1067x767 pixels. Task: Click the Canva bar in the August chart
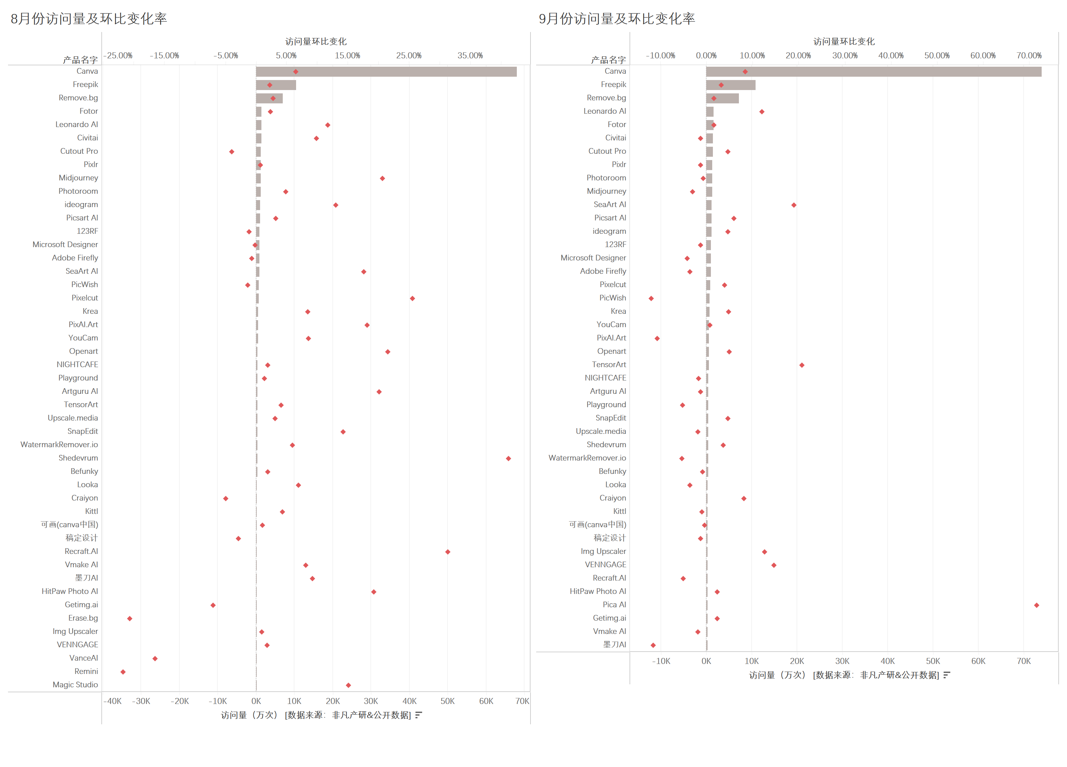(386, 71)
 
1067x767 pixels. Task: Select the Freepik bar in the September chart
(730, 85)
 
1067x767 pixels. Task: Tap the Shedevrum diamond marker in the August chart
(508, 458)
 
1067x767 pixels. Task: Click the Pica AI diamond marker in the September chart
(1036, 605)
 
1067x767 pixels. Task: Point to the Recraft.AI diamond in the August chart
(447, 552)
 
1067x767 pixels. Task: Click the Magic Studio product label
(75, 685)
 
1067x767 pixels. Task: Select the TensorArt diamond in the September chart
(802, 365)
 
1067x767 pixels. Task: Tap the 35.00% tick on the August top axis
(470, 56)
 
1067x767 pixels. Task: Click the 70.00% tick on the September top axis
(1029, 56)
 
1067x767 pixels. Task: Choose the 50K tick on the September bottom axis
(933, 661)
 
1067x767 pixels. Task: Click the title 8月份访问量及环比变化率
(89, 19)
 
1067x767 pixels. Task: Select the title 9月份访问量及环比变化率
(617, 19)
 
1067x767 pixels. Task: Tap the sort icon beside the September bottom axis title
(947, 675)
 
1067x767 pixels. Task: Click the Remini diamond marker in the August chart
(123, 672)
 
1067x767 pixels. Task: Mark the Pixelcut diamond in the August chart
(412, 298)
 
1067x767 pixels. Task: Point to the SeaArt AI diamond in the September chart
(794, 205)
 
